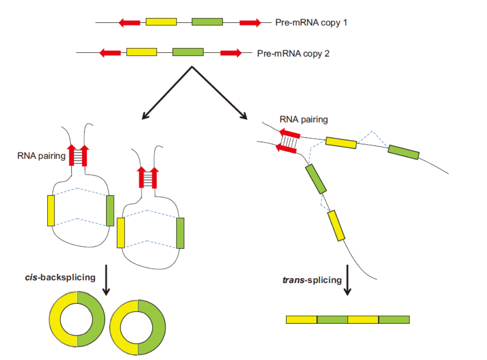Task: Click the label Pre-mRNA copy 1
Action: click(x=311, y=22)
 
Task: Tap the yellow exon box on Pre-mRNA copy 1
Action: click(x=161, y=22)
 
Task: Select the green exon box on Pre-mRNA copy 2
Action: click(x=188, y=52)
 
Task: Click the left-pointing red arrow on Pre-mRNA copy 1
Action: click(x=129, y=22)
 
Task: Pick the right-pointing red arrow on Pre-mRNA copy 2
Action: click(x=231, y=53)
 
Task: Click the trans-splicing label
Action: click(x=312, y=280)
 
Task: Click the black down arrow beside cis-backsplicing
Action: click(x=106, y=280)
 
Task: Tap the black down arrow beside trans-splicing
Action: click(x=347, y=280)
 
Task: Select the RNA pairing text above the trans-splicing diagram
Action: click(x=303, y=119)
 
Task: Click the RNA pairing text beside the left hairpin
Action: click(x=41, y=156)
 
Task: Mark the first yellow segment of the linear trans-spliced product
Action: click(x=302, y=319)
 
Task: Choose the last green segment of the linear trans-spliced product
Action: click(x=394, y=319)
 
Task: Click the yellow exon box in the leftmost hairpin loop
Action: click(x=51, y=210)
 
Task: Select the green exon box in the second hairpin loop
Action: click(x=180, y=233)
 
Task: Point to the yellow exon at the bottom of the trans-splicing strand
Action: click(x=336, y=225)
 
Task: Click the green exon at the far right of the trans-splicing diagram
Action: click(x=403, y=152)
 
